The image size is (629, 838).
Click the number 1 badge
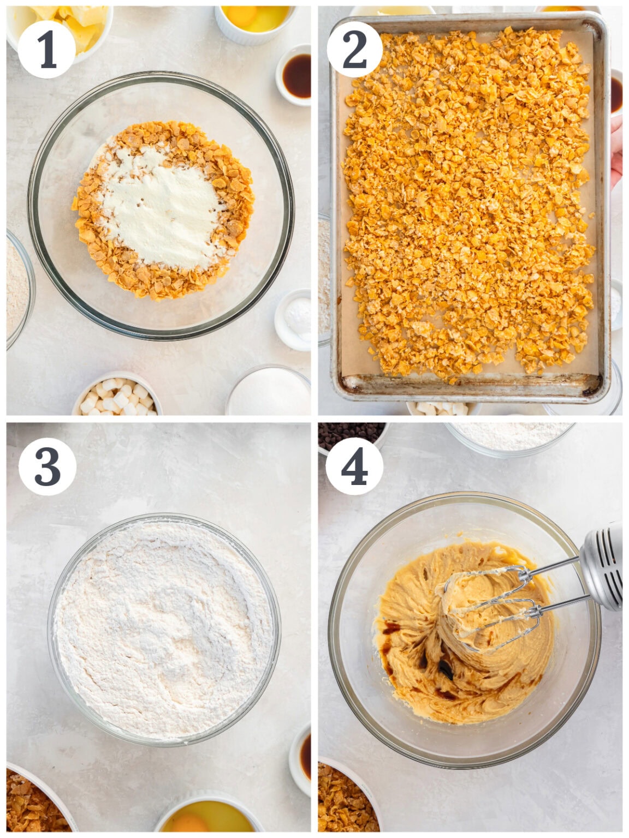(46, 50)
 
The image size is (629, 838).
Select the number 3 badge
(47, 466)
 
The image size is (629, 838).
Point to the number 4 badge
(354, 466)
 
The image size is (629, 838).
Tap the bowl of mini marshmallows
(118, 395)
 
